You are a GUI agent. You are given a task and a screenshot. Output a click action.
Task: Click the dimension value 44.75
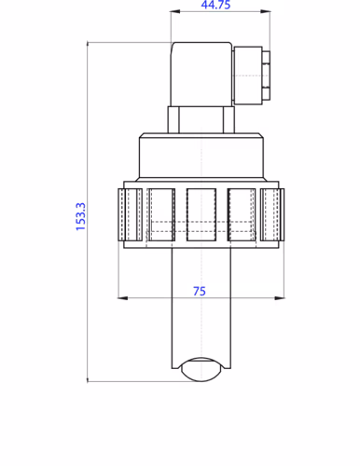coord(216,6)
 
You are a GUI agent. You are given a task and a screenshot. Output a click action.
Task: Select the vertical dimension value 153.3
coord(80,216)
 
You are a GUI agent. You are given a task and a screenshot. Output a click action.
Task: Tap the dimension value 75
coord(200,291)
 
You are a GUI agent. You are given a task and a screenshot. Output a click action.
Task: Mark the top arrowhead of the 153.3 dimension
coord(87,45)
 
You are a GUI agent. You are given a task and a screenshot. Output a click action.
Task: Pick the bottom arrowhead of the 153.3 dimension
coord(87,377)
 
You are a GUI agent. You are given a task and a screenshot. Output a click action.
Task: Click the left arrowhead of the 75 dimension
coord(120,298)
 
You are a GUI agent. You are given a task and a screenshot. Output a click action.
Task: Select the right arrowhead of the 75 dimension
coord(281,298)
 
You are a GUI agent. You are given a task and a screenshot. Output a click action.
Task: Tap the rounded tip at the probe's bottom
coord(201,369)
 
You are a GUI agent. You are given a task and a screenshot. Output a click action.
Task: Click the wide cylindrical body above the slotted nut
coord(201,158)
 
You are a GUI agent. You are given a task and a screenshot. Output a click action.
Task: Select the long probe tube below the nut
coord(201,308)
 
